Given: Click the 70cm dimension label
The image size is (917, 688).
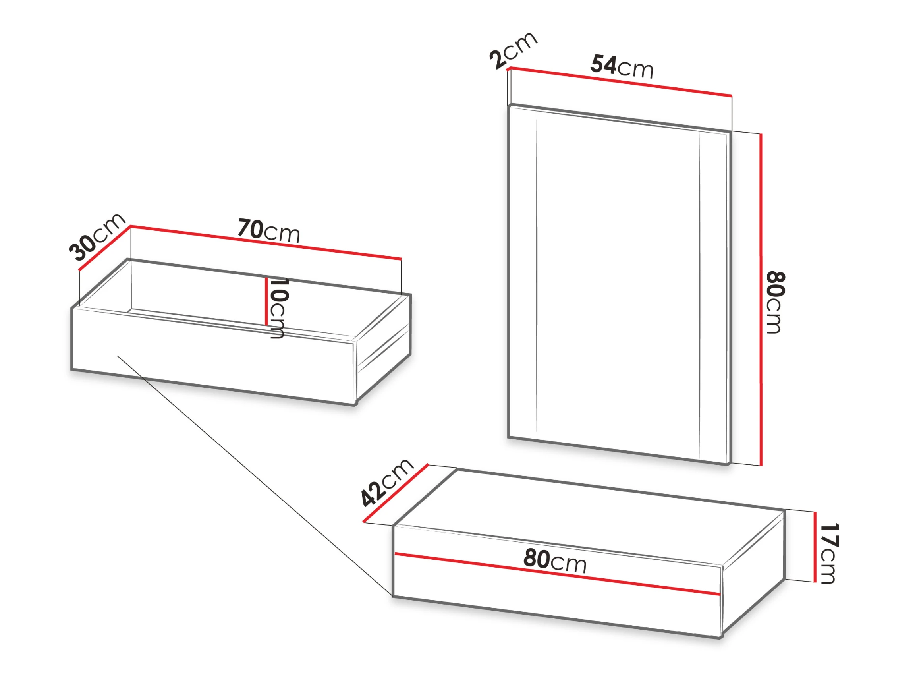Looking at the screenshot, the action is [268, 230].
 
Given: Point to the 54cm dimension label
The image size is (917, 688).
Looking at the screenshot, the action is [622, 66].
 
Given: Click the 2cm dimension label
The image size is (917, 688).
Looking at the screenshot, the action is [513, 50].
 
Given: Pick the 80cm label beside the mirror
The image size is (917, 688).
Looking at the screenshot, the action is [775, 303].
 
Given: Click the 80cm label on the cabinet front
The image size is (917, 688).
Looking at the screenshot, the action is [555, 560].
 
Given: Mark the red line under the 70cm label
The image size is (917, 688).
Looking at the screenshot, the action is [266, 243].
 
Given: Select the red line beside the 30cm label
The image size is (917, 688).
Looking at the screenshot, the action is [104, 248].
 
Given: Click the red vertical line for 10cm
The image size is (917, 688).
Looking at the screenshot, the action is [266, 301].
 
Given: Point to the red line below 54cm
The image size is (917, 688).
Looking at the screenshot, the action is [620, 82].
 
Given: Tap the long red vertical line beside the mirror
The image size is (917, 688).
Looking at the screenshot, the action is [761, 300].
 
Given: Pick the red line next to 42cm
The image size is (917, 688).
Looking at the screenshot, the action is [396, 493].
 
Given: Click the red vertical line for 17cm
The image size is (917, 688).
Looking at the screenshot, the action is [815, 547].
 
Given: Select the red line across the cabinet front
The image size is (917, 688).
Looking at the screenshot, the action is [557, 574].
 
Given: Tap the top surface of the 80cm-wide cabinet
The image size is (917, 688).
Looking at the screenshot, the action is [589, 516].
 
